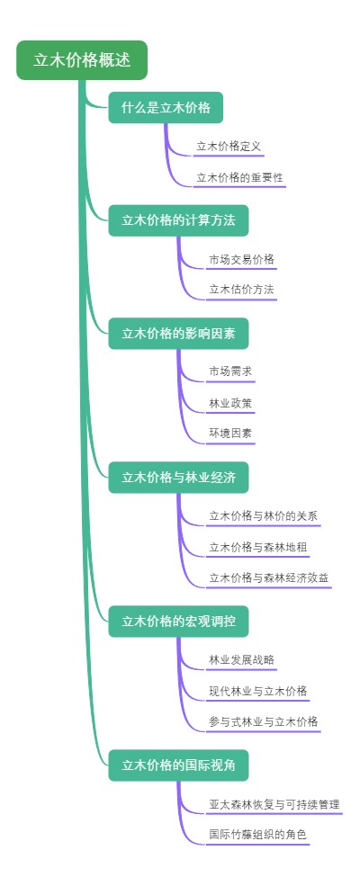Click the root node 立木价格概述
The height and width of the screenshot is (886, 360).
81,60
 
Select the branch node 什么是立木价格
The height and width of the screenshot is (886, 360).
166,108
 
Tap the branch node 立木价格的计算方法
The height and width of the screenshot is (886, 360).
178,220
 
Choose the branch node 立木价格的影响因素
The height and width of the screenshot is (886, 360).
178,333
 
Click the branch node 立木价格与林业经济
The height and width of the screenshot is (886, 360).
178,477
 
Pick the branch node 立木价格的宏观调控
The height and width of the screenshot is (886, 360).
178,622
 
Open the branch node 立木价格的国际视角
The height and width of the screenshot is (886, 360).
178,765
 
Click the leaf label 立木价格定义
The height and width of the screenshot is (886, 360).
229,146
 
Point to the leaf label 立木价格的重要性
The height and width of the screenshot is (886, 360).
239,176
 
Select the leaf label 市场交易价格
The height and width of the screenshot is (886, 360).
241,259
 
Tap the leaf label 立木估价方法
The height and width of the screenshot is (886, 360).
241,290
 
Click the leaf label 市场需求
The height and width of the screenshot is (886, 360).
230,371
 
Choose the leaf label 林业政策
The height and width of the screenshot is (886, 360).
230,402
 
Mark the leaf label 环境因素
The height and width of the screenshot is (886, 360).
230,434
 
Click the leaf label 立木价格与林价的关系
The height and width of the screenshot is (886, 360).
263,515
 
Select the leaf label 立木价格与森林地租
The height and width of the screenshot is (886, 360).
258,547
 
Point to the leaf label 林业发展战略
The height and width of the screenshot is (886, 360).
241,660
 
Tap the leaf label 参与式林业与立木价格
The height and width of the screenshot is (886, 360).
263,721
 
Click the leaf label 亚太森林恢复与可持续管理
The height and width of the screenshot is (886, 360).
274,804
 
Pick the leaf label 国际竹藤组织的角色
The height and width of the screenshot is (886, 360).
257,835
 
